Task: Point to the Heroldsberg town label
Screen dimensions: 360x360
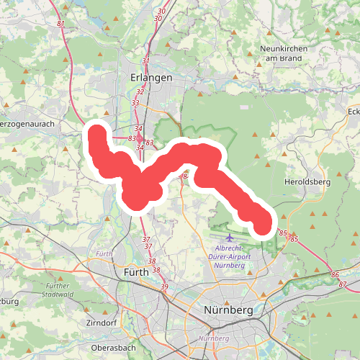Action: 307,182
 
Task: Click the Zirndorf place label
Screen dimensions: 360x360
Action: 100,323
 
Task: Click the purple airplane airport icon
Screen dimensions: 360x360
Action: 230,237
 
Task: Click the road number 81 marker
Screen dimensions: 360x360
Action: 60,24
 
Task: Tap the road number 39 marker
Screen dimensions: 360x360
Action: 164,287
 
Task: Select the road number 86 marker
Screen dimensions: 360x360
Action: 334,275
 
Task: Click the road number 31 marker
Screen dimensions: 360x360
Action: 146,61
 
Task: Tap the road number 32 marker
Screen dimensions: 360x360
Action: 140,92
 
